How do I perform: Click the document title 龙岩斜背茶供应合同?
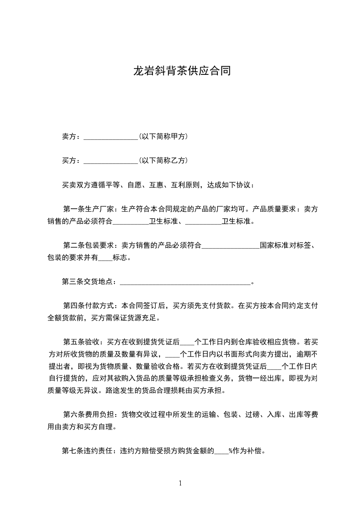(182, 71)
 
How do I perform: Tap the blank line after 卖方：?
(111, 137)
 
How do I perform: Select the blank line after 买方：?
(111, 161)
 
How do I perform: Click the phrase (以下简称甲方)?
(163, 136)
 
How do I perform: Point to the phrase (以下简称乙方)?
(163, 160)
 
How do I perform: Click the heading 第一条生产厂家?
(89, 209)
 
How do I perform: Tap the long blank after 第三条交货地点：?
(185, 282)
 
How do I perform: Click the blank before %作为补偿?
(221, 451)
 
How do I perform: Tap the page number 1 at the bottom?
(180, 483)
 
